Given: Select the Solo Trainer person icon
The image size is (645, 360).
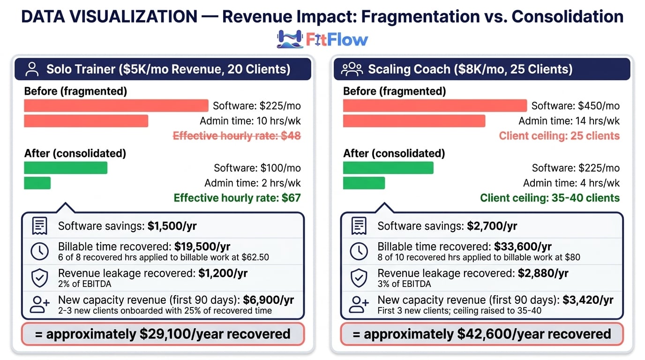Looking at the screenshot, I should click(32, 69).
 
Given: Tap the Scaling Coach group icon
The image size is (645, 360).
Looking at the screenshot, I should click(352, 69).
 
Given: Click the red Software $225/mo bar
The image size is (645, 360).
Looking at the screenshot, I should click(116, 105).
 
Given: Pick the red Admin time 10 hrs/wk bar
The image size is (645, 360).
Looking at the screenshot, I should click(86, 121).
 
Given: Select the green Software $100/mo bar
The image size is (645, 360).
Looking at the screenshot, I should click(66, 168).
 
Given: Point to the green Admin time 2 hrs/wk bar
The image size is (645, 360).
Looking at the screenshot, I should click(37, 183).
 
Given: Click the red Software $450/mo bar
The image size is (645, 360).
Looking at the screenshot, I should click(435, 105).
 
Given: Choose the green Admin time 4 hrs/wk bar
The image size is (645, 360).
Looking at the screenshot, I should click(364, 183).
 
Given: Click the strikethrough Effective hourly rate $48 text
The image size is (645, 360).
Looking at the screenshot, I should click(237, 136).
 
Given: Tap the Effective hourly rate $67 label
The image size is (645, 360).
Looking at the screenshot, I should click(237, 198).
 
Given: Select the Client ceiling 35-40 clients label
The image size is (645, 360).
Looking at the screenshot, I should click(550, 198).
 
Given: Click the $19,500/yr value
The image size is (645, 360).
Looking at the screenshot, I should click(202, 246).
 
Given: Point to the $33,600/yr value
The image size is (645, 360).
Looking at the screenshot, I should click(523, 246).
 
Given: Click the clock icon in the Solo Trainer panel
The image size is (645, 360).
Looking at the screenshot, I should click(39, 251).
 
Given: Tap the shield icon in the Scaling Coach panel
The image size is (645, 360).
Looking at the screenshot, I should click(359, 278).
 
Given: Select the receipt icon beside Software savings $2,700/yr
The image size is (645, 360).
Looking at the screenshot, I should click(359, 226).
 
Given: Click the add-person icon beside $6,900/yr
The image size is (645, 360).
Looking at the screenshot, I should click(39, 304).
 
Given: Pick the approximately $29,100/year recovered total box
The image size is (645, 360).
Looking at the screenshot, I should click(163, 334).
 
